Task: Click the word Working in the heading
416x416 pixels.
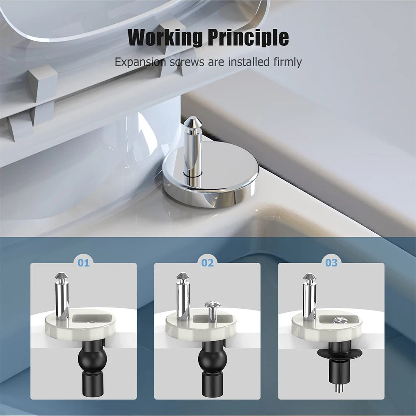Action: (x=165, y=38)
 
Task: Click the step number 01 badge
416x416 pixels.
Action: (x=84, y=263)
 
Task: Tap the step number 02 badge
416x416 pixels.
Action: (x=207, y=263)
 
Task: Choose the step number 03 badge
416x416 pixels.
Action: (x=331, y=263)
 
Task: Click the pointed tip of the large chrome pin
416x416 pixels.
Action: (x=192, y=122)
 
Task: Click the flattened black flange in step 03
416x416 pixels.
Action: (x=340, y=353)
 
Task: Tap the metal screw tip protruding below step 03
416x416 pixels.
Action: (x=339, y=389)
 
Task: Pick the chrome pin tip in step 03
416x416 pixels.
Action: (x=309, y=276)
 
